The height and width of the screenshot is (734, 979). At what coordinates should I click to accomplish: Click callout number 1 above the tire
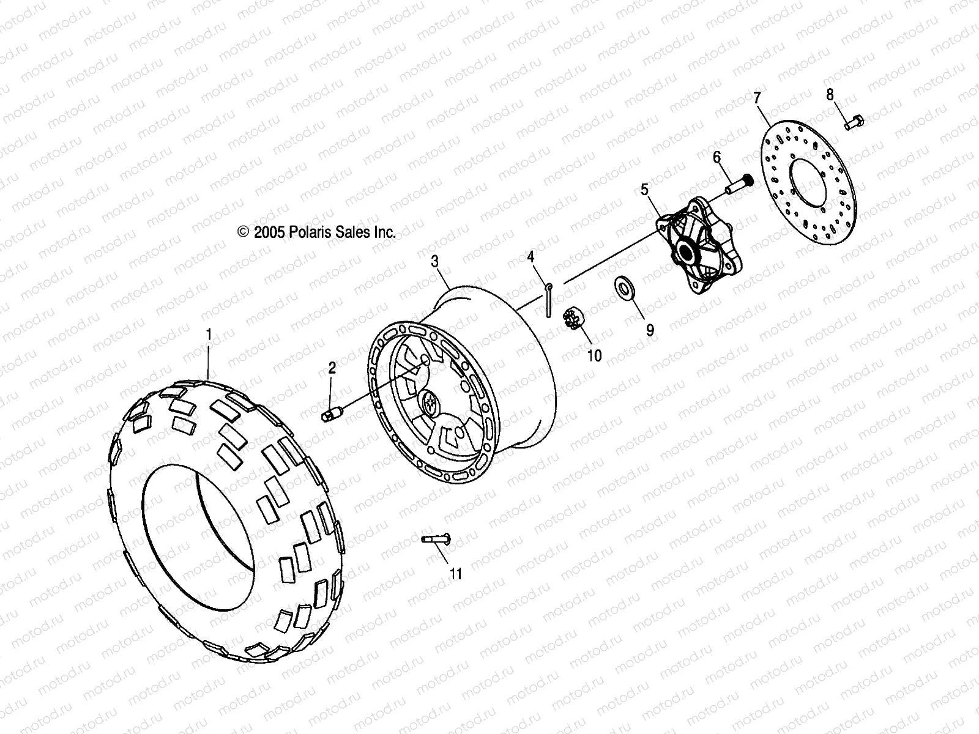[x=209, y=335]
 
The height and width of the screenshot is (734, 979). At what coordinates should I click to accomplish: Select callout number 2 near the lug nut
[x=332, y=368]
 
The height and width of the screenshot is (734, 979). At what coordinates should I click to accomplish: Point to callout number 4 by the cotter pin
[x=531, y=257]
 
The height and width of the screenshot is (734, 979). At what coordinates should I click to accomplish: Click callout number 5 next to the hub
[x=644, y=190]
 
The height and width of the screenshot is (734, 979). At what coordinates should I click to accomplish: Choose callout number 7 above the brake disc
[x=758, y=97]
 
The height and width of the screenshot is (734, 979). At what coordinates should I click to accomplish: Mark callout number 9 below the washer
[x=650, y=330]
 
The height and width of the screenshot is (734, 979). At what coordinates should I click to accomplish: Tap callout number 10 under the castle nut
[x=594, y=355]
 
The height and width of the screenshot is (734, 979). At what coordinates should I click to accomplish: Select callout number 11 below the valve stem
[x=456, y=573]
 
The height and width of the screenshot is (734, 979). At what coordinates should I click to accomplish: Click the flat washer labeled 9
[x=624, y=286]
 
